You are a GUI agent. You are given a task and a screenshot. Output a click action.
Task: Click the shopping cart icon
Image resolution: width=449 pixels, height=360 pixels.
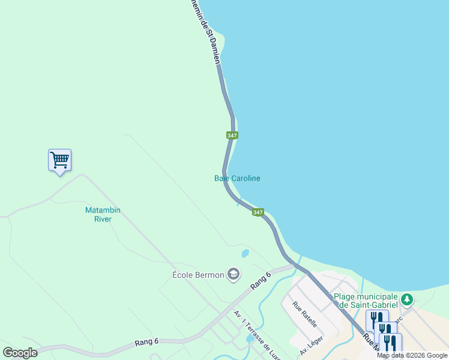point(59,160)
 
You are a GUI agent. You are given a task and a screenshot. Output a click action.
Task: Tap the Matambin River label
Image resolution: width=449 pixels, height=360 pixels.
point(99,215)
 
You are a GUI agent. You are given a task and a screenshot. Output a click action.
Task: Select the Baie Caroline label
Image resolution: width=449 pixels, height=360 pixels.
point(237,178)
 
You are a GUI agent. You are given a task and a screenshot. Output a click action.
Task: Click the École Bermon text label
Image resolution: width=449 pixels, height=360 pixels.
point(198,275)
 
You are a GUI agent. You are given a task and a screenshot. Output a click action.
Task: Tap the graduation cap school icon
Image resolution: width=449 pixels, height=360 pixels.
point(234,275)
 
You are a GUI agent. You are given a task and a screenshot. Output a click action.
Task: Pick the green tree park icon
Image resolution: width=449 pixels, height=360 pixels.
point(407,299)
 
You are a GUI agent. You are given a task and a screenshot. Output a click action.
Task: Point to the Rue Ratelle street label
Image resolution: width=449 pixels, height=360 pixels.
point(304,313)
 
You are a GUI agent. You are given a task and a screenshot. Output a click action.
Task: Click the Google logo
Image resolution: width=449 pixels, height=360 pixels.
point(20,353)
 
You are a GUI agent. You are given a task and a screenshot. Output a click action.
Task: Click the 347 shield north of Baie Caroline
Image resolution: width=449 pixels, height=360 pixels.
point(232,136)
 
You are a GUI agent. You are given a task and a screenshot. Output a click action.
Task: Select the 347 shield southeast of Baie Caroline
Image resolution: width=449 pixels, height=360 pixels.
point(258,212)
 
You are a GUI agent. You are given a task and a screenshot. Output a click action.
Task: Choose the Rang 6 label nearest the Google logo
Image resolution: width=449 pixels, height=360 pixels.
point(146,341)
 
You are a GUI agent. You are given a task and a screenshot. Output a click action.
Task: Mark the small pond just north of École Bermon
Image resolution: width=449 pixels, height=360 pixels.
point(245,253)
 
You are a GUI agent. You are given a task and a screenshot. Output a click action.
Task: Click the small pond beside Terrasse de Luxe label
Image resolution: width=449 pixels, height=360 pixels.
point(249,340)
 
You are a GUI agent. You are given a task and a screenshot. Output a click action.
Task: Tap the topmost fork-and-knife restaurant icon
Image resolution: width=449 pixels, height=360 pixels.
point(376,319)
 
